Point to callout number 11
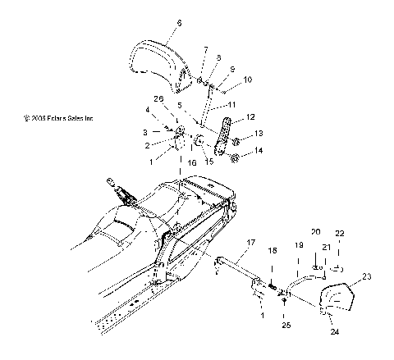[233, 106]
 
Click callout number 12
[251, 116]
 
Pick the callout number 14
[260, 151]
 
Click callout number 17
[250, 243]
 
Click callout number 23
[367, 277]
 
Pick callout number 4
[170, 109]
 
